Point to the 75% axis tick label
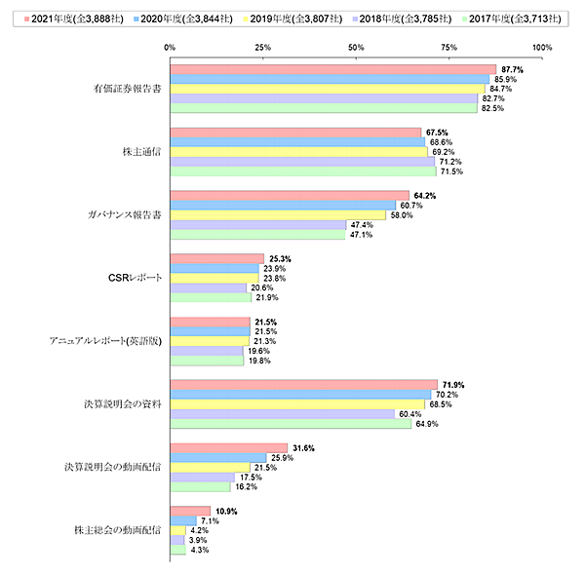[448, 46]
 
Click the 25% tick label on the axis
[262, 46]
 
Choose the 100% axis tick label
[542, 46]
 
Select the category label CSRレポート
[134, 278]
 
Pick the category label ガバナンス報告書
[122, 214]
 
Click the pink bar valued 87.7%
[332, 69]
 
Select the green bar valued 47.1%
[257, 234]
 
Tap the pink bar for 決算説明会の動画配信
[228, 447]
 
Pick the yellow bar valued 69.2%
[298, 152]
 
